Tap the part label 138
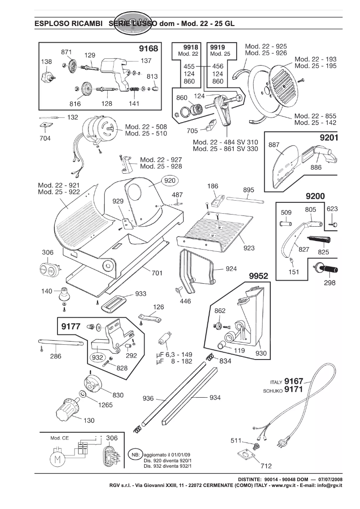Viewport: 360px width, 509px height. pos(46,61)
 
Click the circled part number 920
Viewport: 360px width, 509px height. pos(169,180)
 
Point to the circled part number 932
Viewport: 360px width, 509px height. pos(97,358)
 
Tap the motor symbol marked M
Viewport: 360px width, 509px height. pos(57,460)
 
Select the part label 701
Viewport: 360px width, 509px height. pos(157,272)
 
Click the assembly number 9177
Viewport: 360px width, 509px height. pos(70,327)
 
